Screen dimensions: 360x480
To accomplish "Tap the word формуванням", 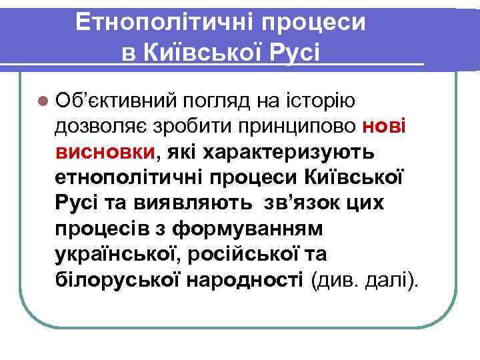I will (x=247, y=229).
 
